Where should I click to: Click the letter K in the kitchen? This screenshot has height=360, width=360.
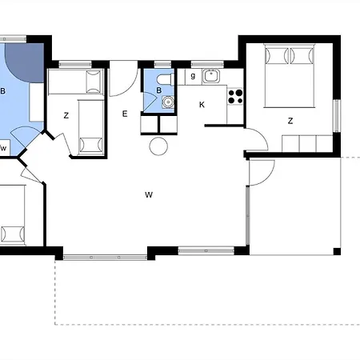point(202,105)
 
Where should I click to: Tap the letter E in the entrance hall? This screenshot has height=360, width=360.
point(125,114)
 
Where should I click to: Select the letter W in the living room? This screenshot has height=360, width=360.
point(149,194)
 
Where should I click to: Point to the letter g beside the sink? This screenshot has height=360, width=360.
point(193,76)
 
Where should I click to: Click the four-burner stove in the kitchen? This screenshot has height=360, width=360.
point(235,97)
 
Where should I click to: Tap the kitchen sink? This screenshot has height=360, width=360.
point(211,76)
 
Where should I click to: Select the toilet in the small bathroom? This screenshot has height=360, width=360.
point(166,79)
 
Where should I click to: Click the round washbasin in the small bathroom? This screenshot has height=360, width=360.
point(168,102)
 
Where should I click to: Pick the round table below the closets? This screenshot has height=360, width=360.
point(158,146)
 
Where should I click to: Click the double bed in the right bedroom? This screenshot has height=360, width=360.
point(289,76)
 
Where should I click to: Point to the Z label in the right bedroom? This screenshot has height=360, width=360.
point(290,121)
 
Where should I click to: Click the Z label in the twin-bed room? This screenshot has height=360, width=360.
point(66,115)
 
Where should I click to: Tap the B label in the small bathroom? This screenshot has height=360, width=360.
point(159,90)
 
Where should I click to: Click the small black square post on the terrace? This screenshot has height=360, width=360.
point(337,251)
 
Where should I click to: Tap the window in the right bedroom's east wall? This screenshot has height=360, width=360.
point(338,116)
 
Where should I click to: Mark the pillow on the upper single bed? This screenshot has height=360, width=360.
point(94,82)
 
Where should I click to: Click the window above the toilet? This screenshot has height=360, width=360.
point(162,65)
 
